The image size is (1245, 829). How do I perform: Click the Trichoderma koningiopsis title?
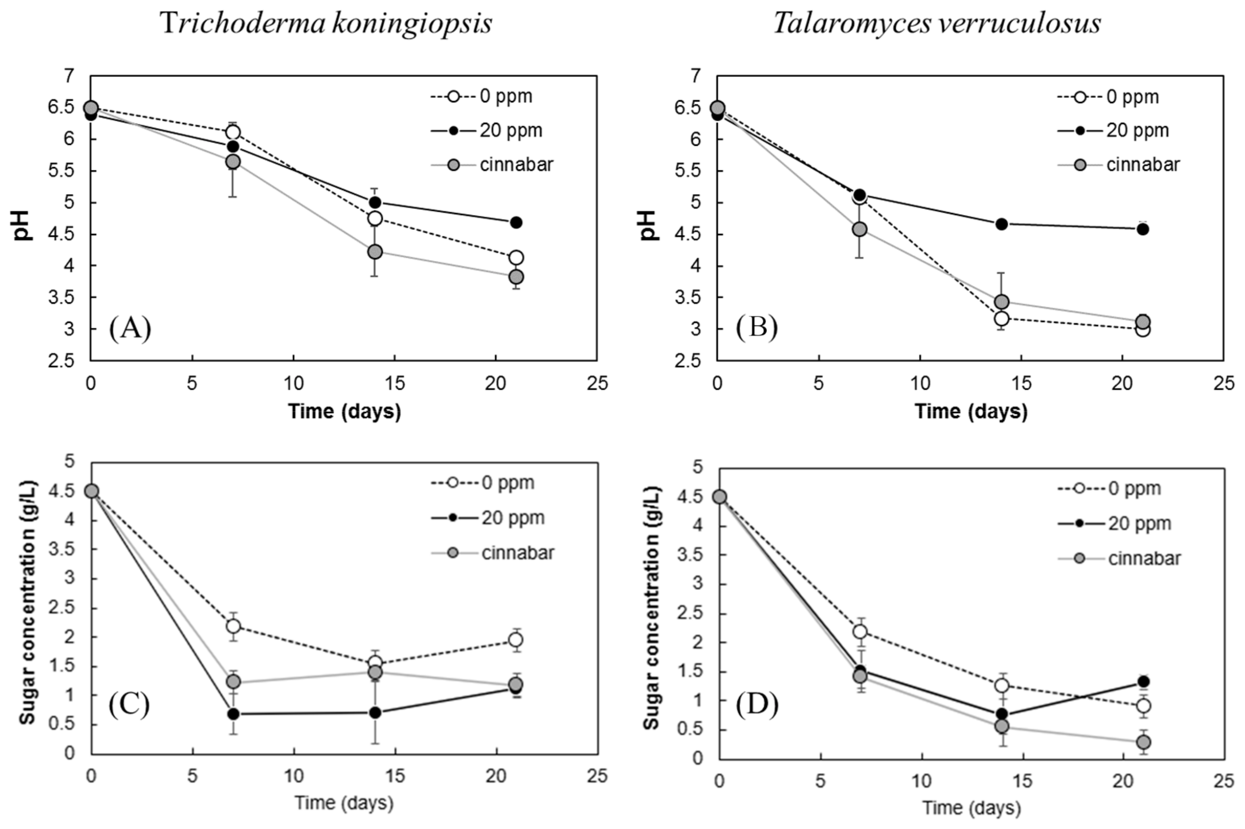[326, 24]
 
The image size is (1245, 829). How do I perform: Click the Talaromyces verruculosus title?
[937, 24]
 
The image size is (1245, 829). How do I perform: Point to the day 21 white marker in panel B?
[1142, 330]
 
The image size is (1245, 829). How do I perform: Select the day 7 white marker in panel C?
[233, 626]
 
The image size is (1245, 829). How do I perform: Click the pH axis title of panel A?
[23, 225]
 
